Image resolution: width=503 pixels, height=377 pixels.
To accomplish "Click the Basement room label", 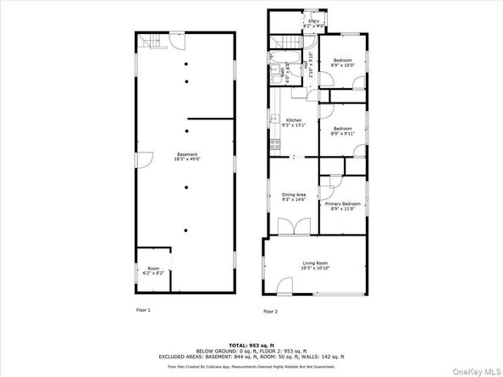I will (x=187, y=153).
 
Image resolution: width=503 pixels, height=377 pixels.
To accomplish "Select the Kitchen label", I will (x=294, y=120).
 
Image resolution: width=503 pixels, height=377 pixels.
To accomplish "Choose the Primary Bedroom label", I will (x=344, y=204).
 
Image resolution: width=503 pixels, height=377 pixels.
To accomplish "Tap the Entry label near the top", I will (x=314, y=21).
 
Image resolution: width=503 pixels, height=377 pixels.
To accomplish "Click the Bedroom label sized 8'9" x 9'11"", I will (x=342, y=130).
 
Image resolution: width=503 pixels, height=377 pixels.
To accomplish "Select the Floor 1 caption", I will (x=144, y=310).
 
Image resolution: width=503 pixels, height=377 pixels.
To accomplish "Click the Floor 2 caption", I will (x=270, y=311).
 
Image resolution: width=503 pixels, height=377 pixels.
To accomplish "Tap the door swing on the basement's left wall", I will (x=145, y=158).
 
